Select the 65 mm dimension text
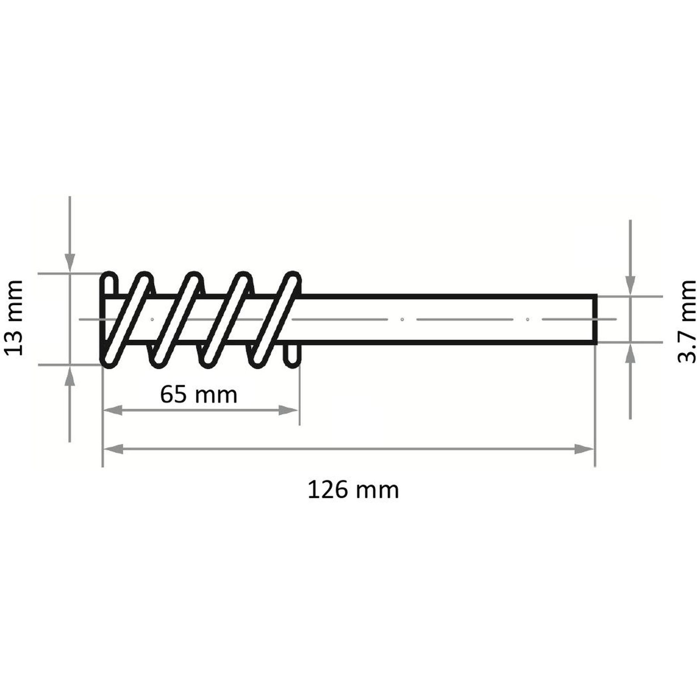click(199, 395)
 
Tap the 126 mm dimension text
click(353, 490)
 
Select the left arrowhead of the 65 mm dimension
click(113, 410)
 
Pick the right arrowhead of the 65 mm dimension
click(289, 410)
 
